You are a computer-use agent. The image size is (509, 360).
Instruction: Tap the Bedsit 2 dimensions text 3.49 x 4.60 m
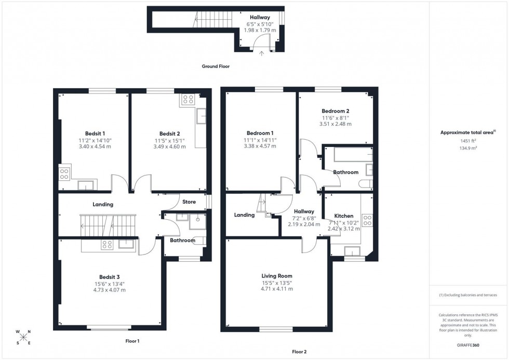[x=169, y=146]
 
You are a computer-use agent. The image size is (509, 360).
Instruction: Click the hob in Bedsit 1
[x=65, y=174]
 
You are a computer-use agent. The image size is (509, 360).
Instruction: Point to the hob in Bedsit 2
[x=187, y=99]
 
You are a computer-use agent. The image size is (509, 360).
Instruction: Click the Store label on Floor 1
[x=189, y=202]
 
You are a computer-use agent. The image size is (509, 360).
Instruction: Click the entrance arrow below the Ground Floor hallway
[x=261, y=52]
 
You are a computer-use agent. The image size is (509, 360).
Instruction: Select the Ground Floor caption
[x=216, y=66]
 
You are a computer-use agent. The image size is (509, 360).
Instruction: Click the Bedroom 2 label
[x=335, y=111]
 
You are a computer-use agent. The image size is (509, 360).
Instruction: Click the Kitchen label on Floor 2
[x=343, y=216]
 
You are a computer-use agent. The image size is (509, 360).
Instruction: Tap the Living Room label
[x=277, y=276]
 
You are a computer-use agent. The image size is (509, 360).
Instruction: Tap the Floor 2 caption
[x=299, y=352]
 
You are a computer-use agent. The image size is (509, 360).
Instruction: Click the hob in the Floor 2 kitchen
[x=367, y=220]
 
